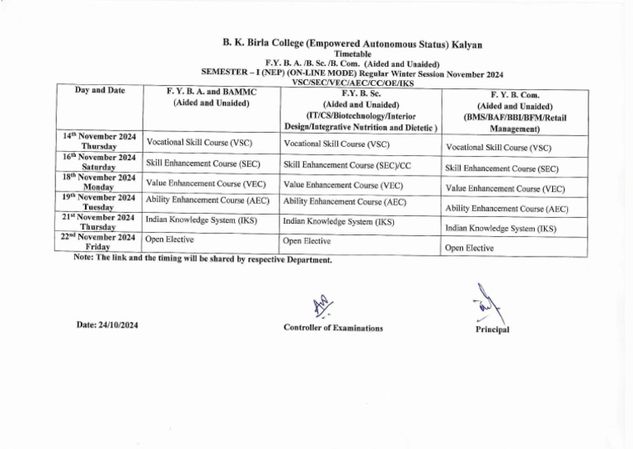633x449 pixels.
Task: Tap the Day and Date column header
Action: [100, 90]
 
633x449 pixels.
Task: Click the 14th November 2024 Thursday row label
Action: [99, 139]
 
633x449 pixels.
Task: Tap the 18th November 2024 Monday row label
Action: [99, 182]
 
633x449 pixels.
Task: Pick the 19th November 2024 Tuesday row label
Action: [99, 202]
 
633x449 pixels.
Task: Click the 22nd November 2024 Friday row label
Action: [99, 241]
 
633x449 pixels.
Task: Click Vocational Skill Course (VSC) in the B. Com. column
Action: [498, 149]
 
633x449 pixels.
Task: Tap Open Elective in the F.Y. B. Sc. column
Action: [307, 241]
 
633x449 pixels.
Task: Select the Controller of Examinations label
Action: [333, 328]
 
